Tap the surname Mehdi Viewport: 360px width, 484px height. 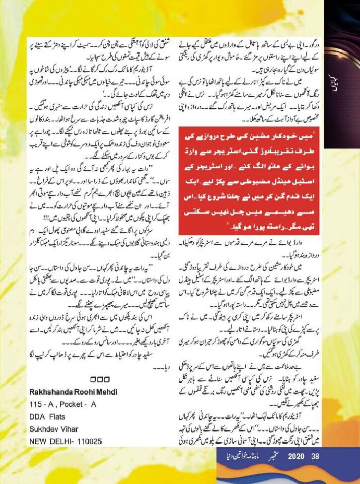point(106,392)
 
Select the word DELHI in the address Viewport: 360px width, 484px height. point(54,439)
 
